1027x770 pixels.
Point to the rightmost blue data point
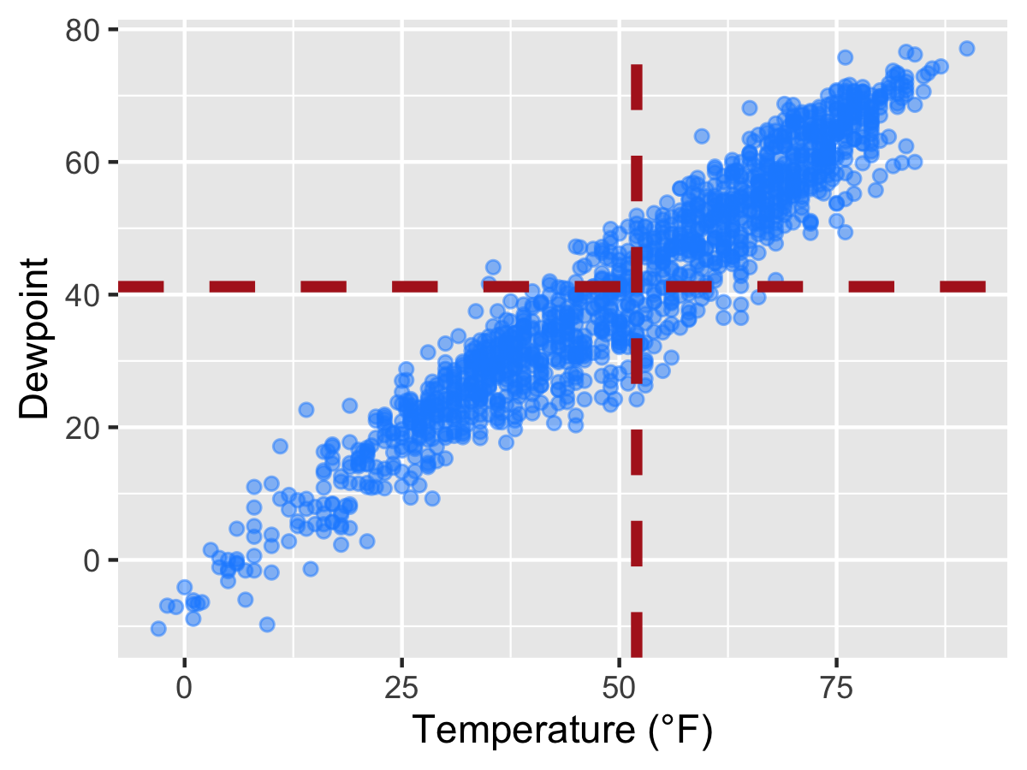[967, 48]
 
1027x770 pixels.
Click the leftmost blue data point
[158, 629]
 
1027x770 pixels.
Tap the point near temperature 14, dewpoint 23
[306, 410]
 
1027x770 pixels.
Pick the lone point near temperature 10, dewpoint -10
[267, 625]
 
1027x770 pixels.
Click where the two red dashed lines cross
[637, 286]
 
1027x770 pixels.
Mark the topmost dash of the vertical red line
[637, 86]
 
